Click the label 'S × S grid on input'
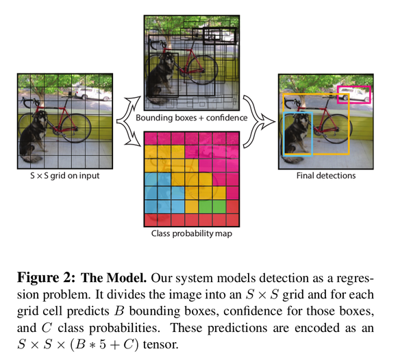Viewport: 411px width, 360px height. click(x=65, y=175)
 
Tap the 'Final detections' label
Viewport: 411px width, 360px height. click(x=326, y=175)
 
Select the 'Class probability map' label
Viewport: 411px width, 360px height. click(x=192, y=233)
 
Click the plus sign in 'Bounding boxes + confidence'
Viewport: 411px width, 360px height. click(x=201, y=118)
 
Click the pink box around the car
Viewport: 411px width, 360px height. click(x=354, y=86)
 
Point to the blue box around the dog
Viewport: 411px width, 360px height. click(x=284, y=133)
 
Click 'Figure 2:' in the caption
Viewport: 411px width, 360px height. click(x=46, y=278)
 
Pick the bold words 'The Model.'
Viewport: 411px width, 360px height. click(x=114, y=278)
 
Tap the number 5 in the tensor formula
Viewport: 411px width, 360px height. click(x=103, y=344)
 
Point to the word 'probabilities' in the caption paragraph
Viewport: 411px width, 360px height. click(x=124, y=328)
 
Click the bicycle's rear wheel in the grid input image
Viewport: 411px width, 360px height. click(x=75, y=128)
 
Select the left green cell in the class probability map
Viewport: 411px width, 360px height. click(x=206, y=207)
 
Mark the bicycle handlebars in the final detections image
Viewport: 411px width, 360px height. click(x=290, y=102)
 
